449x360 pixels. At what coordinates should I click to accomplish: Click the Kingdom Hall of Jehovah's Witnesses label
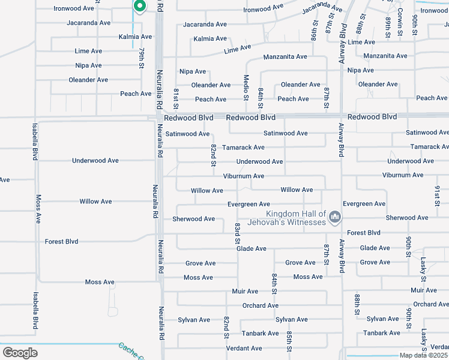[x=297, y=218]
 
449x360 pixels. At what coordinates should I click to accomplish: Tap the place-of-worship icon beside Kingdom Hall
[x=335, y=217]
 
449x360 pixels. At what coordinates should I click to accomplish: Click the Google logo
[x=20, y=353]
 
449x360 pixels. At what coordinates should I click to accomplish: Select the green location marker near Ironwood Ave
[x=139, y=7]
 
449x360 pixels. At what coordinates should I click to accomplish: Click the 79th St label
[x=141, y=58]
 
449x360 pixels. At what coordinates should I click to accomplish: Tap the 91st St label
[x=437, y=196]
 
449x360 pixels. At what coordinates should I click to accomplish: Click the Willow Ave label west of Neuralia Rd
[x=95, y=202]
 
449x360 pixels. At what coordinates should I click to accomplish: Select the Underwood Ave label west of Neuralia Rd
[x=95, y=161]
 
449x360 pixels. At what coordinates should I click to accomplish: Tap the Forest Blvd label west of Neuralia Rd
[x=62, y=241]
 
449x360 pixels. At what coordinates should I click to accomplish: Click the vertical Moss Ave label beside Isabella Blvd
[x=38, y=209]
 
